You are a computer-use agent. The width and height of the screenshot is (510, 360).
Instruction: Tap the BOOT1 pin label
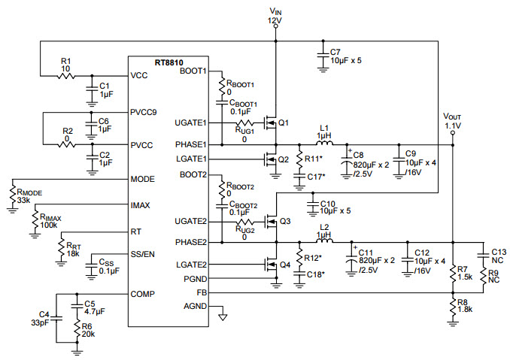tap(193, 71)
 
